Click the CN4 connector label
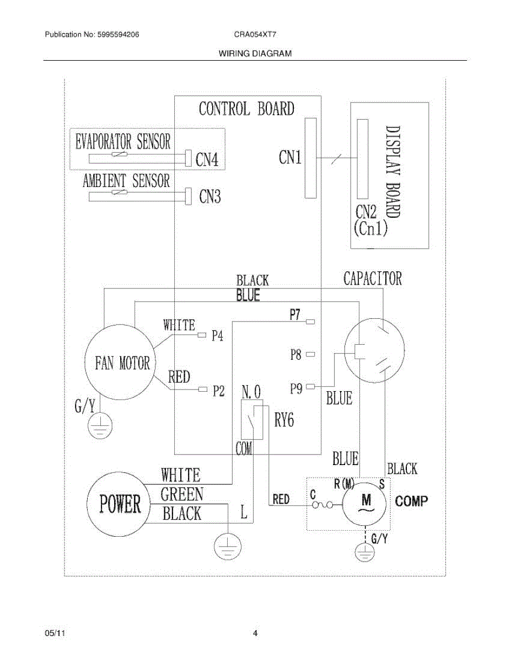207,160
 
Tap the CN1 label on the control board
290,158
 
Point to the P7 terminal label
295,314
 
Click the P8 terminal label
296,355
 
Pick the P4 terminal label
218,335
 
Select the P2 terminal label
218,391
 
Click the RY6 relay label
284,421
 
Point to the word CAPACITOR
373,279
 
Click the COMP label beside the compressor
411,501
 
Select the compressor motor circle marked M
366,504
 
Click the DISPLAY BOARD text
393,171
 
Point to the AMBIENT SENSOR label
126,180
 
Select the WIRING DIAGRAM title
255,54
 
